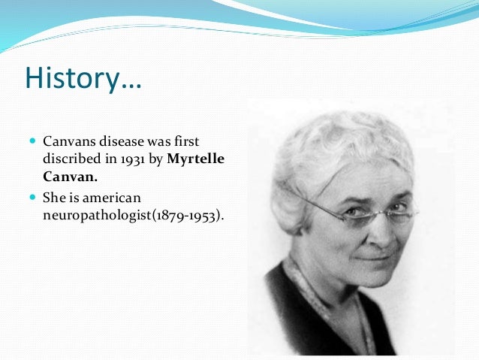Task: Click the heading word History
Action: [72, 77]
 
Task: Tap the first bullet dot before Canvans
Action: [33, 141]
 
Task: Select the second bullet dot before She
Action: [33, 197]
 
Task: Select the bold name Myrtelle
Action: [196, 159]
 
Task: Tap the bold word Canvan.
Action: [70, 177]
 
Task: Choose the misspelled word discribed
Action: [72, 159]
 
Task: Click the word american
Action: [112, 198]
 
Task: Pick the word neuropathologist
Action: [97, 216]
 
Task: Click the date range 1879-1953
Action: [185, 216]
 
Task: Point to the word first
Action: [187, 141]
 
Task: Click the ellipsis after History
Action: [131, 87]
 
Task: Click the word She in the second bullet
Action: [54, 198]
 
